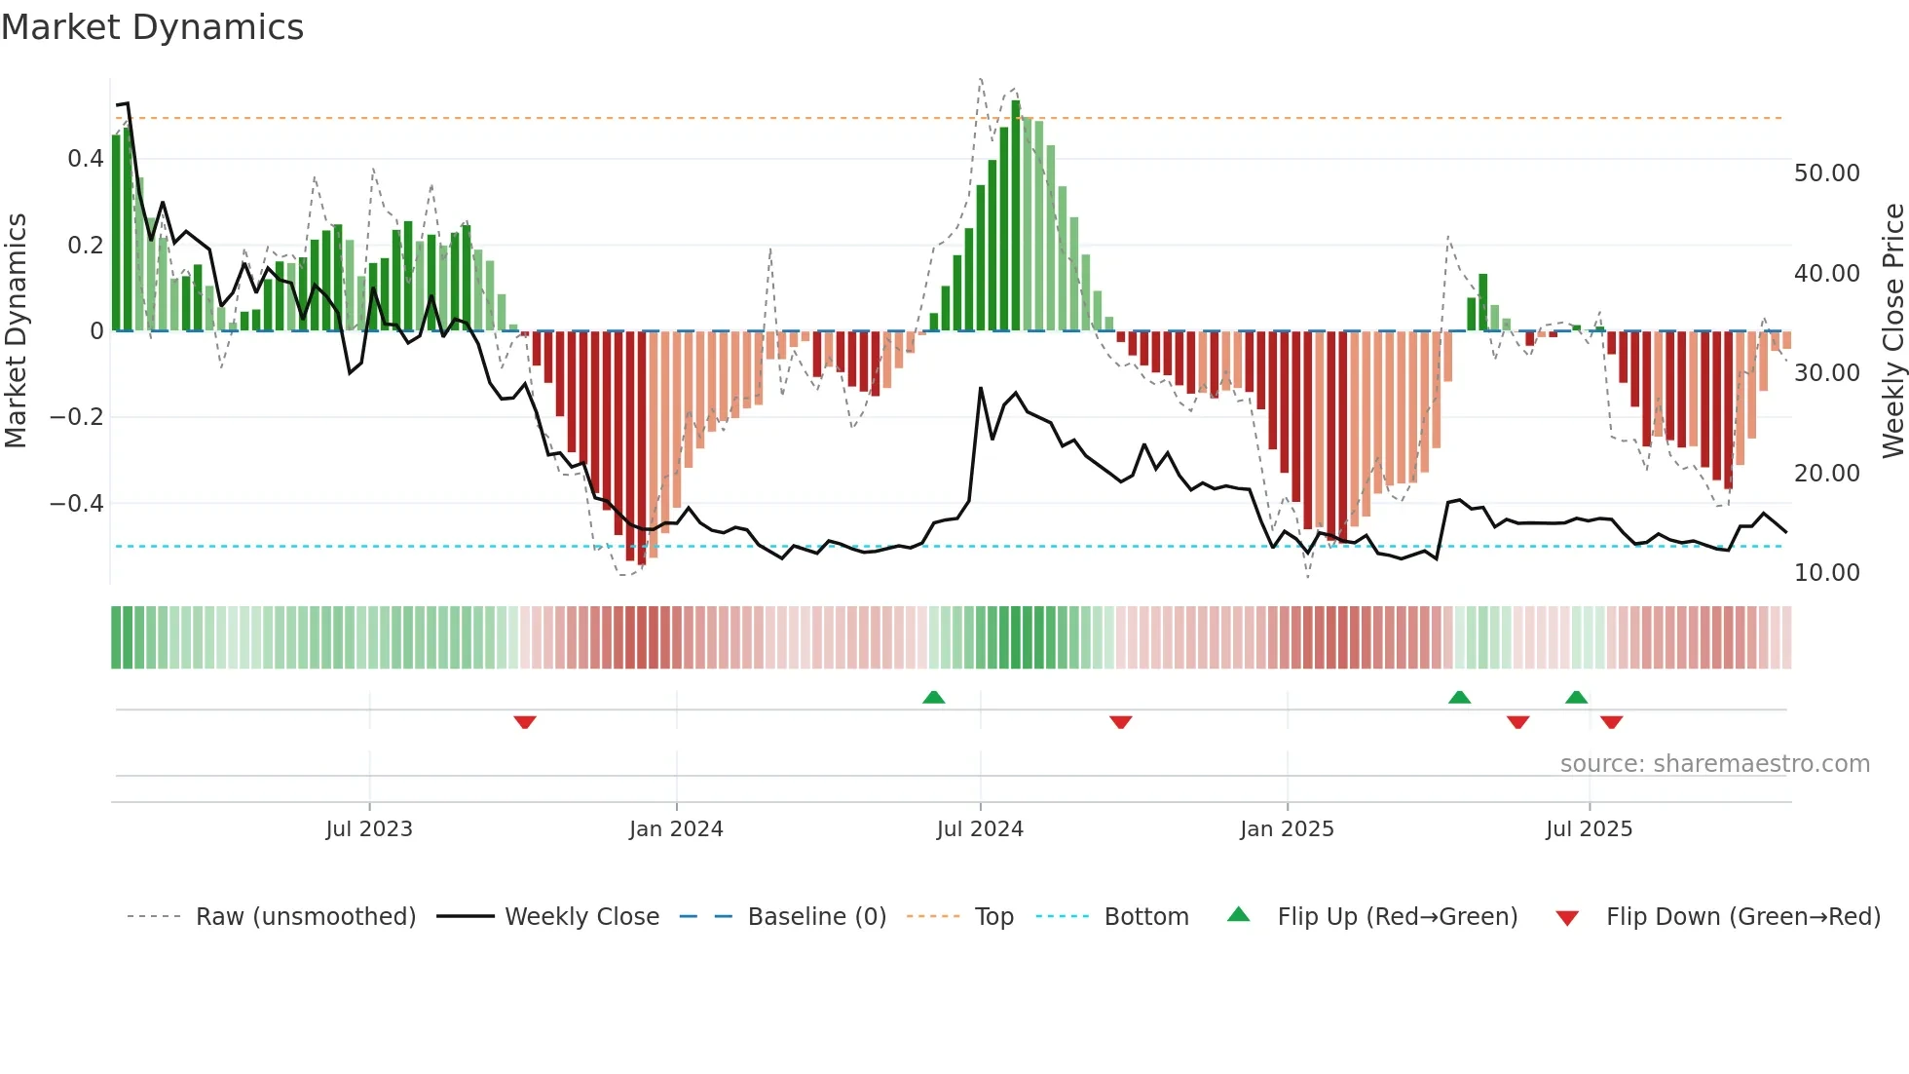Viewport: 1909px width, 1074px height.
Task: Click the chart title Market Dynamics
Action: [x=152, y=27]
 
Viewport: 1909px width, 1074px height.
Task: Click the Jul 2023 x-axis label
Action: [x=369, y=829]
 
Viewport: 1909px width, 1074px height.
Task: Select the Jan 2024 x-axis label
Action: [x=676, y=829]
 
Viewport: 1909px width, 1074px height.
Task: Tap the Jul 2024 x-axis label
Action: [x=980, y=829]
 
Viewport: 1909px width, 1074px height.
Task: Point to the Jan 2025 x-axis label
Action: [x=1287, y=829]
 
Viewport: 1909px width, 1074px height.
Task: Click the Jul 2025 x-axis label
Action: [x=1589, y=829]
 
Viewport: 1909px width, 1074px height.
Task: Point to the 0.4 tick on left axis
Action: [x=85, y=159]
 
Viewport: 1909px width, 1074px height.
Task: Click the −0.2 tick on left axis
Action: [x=77, y=417]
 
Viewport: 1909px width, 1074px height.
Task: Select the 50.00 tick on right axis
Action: [x=1826, y=173]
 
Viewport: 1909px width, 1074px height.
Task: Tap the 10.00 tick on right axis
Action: [x=1826, y=573]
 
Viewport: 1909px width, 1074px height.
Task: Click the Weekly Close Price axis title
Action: [x=1892, y=331]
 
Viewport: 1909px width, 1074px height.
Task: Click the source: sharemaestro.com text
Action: [x=1714, y=764]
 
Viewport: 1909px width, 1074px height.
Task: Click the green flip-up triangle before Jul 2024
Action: [x=933, y=697]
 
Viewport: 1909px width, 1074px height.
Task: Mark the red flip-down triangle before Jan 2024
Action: [x=525, y=722]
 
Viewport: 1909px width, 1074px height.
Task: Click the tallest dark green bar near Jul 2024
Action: [x=1016, y=214]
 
